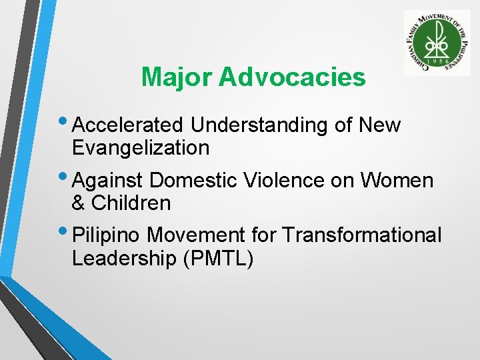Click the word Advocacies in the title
[x=292, y=78]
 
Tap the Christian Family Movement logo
[x=437, y=43]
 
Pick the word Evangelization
[x=141, y=147]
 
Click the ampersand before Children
[x=79, y=203]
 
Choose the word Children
[x=131, y=203]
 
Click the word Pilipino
[x=107, y=235]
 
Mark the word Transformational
[x=361, y=235]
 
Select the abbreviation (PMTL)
[x=218, y=258]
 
